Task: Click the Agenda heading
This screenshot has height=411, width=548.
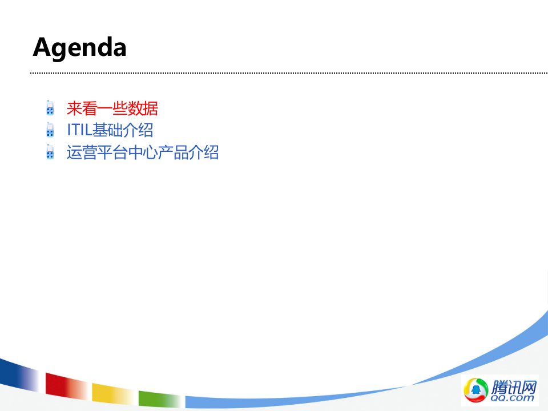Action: click(x=79, y=47)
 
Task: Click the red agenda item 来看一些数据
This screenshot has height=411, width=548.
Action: click(x=112, y=108)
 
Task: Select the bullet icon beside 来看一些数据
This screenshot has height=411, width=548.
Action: click(x=50, y=108)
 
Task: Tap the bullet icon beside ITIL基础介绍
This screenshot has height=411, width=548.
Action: click(x=50, y=130)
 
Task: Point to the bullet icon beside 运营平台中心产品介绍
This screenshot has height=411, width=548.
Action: click(x=50, y=152)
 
